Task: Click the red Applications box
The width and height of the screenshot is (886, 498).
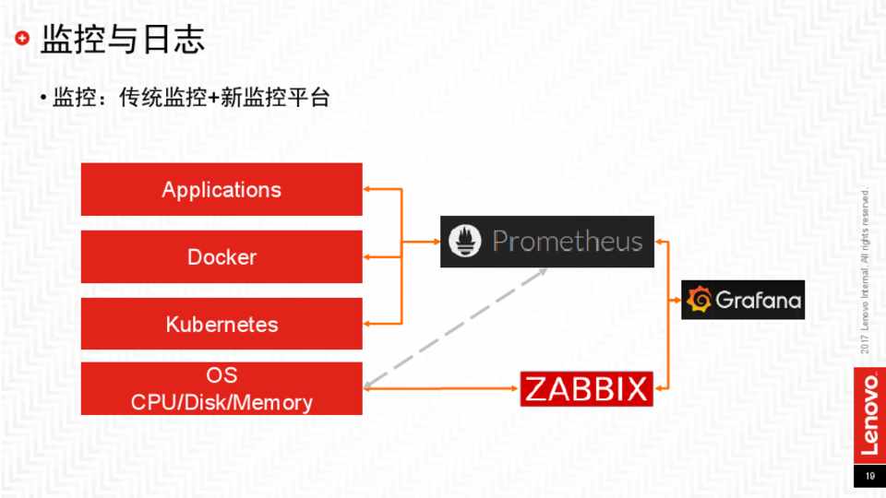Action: [221, 189]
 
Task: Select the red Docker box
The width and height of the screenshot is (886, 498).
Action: [221, 256]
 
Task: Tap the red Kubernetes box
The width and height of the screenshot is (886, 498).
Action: [221, 324]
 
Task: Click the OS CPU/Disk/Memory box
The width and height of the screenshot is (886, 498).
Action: [221, 388]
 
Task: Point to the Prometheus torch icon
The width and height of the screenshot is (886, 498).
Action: [466, 242]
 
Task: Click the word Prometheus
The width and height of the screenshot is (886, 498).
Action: [567, 242]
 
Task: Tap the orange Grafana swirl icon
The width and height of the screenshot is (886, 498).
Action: [700, 301]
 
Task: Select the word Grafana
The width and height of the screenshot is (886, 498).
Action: [758, 301]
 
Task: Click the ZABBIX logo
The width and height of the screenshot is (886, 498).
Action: [587, 388]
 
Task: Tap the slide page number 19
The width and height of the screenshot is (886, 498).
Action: [868, 476]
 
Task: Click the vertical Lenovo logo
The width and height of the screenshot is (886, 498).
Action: [868, 414]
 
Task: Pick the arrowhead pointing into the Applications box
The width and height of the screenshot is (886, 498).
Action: [367, 189]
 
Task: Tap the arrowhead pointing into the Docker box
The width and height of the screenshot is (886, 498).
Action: [367, 256]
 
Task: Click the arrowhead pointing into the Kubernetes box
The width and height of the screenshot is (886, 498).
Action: [367, 324]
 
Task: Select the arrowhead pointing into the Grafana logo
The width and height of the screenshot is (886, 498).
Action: [676, 301]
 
